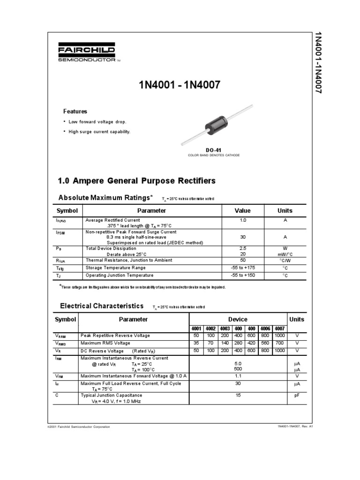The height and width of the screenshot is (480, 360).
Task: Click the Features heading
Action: tap(75, 112)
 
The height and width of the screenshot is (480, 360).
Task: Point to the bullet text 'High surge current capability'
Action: tap(99, 132)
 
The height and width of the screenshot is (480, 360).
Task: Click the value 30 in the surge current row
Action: tap(242, 237)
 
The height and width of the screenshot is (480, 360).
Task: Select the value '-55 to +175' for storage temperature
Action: tap(242, 268)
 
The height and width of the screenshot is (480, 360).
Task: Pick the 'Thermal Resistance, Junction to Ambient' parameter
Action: tap(128, 260)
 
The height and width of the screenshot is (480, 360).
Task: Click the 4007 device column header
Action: tap(279, 329)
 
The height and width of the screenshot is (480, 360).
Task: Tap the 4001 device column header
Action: tap(196, 329)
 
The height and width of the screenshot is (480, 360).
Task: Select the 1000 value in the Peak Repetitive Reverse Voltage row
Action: tap(279, 336)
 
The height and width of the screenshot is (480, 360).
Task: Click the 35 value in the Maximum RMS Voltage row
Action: tap(196, 343)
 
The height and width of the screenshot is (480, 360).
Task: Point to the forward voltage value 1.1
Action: tap(238, 376)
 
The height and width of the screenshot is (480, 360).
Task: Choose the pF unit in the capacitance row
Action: tap(296, 396)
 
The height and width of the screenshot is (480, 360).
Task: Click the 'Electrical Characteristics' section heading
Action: tap(102, 306)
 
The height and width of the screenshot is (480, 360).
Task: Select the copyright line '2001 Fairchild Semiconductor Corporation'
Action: tap(79, 427)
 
